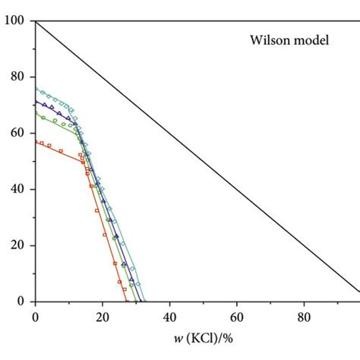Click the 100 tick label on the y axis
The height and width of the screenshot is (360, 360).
[14, 21]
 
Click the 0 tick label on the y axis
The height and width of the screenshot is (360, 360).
[20, 302]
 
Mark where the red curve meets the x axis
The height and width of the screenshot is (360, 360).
[127, 302]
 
